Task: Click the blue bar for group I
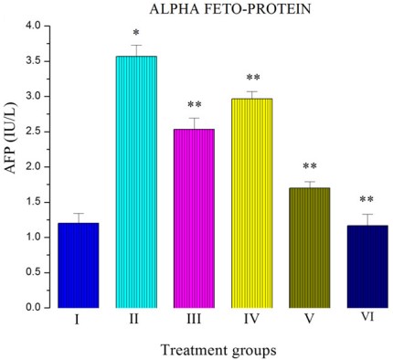click(x=80, y=265)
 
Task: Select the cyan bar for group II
click(x=136, y=183)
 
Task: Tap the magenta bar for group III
click(x=193, y=219)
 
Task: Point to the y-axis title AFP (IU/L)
click(x=12, y=165)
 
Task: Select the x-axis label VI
click(x=364, y=319)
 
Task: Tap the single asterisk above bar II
click(x=136, y=34)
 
